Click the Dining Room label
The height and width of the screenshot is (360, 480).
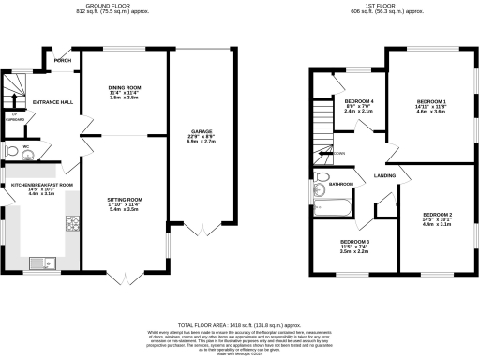click(124, 86)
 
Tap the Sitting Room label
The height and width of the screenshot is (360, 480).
click(124, 200)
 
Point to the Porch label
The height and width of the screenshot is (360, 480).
click(63, 61)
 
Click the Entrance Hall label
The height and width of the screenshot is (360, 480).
click(52, 101)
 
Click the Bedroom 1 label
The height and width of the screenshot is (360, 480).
click(432, 101)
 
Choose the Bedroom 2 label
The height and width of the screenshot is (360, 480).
click(437, 215)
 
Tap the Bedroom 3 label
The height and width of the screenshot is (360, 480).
click(354, 241)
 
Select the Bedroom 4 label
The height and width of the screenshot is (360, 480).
click(359, 101)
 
